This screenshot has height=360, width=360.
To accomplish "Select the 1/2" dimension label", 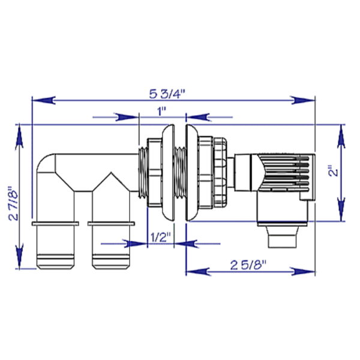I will (160, 236).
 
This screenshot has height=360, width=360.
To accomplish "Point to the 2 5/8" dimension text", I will (251, 265).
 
